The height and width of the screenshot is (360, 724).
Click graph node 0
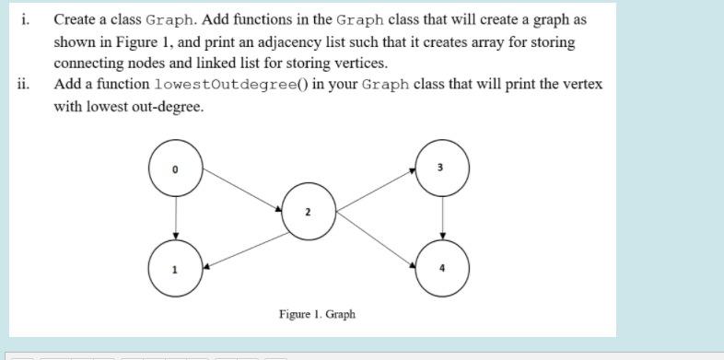point(175,169)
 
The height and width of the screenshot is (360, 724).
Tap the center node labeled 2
point(309,211)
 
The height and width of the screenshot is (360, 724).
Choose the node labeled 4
point(443,266)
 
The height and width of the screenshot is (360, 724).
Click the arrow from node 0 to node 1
point(175,217)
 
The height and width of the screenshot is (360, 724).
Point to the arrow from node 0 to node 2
point(242,191)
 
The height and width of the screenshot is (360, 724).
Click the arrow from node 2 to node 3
point(376,190)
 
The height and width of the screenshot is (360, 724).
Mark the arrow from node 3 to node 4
point(443,217)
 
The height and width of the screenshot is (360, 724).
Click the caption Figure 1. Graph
point(317,314)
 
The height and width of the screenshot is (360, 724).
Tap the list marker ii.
point(24,85)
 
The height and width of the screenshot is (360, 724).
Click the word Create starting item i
point(74,19)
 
